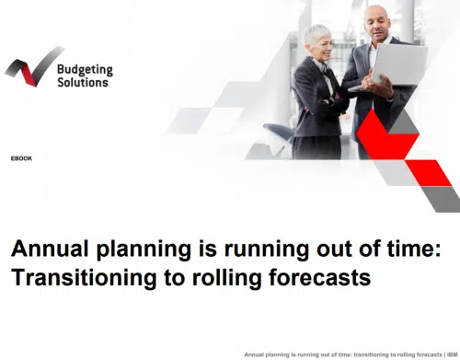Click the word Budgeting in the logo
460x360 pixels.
point(84,68)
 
